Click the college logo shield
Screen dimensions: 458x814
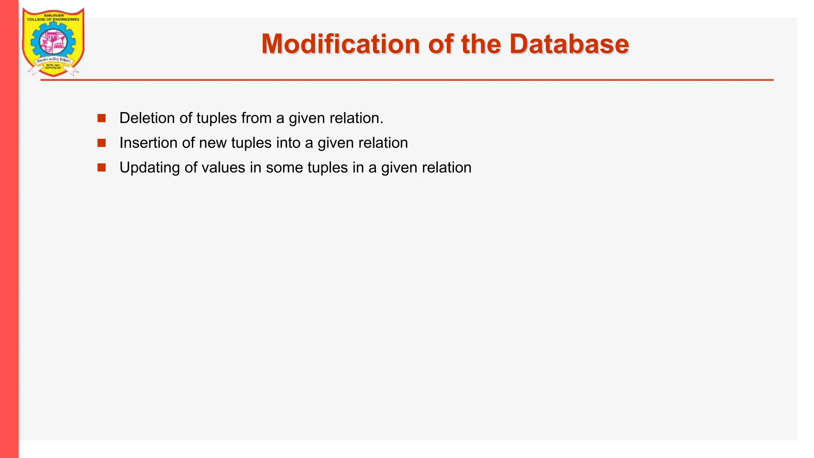[x=53, y=42]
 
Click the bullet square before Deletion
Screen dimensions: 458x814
[x=102, y=118]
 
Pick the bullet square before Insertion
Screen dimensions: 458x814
[x=102, y=143]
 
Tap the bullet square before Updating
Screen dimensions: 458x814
[x=102, y=167]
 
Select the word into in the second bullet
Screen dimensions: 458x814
[x=289, y=143]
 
